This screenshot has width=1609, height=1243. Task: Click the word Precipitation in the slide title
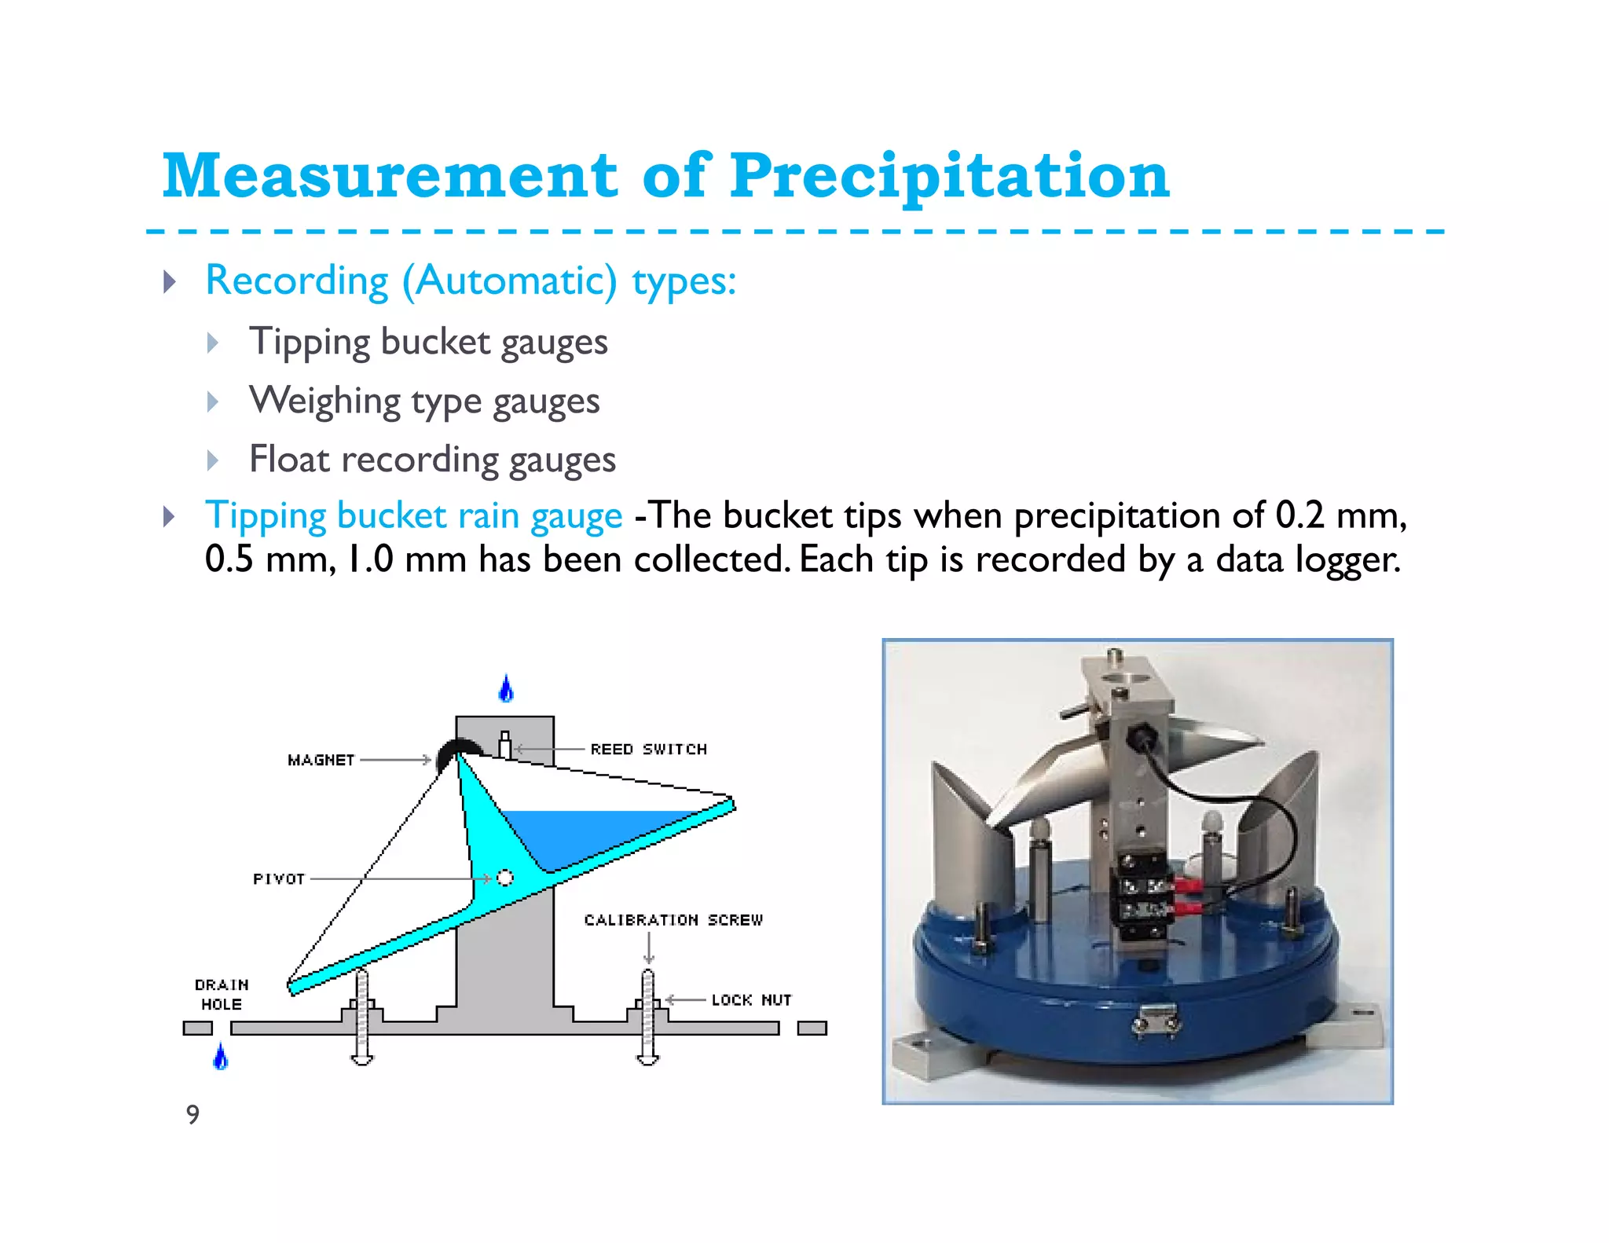(x=949, y=176)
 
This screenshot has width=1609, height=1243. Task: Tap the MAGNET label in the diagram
(x=321, y=760)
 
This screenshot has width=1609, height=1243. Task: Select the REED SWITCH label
(x=648, y=750)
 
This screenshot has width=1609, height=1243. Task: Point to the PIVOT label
(x=278, y=878)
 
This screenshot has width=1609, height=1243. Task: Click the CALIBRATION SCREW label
(x=673, y=920)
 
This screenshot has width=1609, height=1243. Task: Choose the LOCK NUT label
(x=751, y=1000)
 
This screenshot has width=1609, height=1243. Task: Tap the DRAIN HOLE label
(x=222, y=995)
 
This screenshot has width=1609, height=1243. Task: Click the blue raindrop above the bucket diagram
(x=507, y=689)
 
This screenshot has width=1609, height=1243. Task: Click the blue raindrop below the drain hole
(x=221, y=1057)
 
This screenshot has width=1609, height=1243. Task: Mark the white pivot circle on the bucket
(x=505, y=877)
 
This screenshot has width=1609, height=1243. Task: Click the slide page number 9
(x=192, y=1114)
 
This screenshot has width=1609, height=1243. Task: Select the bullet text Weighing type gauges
(x=424, y=401)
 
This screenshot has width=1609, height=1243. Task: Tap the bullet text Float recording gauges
(x=432, y=460)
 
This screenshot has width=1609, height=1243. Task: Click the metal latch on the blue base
(x=1154, y=1021)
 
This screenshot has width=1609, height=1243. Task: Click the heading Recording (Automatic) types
(x=471, y=281)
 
